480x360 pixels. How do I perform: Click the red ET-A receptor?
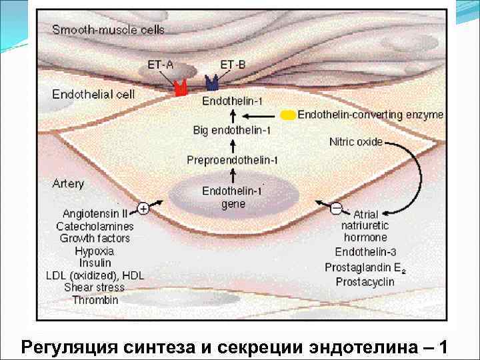coord(180,88)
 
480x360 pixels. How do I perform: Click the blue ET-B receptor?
coord(213,83)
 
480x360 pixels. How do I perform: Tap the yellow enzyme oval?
coord(288,115)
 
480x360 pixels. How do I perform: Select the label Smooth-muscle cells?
coord(108,29)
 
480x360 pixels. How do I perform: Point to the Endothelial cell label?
coord(93,94)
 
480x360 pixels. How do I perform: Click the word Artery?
coord(68,183)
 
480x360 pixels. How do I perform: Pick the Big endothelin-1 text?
coord(233,129)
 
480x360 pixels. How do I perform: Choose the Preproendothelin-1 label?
coord(233,160)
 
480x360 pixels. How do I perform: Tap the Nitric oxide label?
coord(356,141)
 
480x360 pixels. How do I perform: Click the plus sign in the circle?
coord(142,209)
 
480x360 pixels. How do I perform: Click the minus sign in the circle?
coord(337,209)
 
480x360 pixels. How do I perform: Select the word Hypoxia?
coord(94,251)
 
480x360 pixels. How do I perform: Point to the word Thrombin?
coord(95,300)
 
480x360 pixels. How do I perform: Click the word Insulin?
coord(94,263)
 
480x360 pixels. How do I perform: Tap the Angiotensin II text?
coord(95,214)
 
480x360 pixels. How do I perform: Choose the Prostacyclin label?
coord(365,281)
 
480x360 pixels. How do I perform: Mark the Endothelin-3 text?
coord(365,252)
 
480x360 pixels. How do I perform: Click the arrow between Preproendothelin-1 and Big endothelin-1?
coord(233,145)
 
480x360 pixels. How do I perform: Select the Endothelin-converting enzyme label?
coord(370,115)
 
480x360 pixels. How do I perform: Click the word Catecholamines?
coord(95,227)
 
